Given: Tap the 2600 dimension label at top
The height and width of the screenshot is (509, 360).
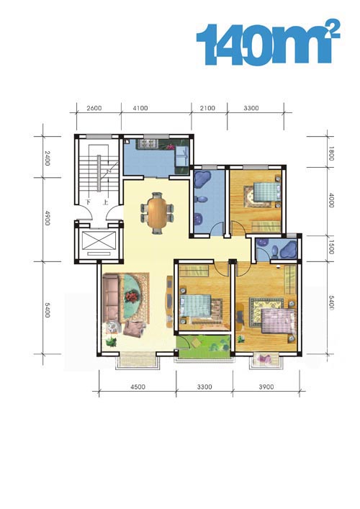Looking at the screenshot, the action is coord(94,108).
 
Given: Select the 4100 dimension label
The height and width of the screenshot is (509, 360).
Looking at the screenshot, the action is coord(140,108).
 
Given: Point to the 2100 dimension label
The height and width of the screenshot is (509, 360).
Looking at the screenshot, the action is coord(207,108).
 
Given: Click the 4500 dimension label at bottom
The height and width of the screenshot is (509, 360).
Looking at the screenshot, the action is coord(138,387).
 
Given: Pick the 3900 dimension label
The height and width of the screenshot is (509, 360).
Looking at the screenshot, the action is coord(266,387).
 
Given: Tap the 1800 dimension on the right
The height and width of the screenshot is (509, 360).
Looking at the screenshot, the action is coord(330,153).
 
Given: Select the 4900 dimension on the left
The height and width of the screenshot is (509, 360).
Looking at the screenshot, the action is coord(47,218).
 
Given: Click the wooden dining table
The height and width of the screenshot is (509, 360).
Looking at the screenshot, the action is coord(157,213).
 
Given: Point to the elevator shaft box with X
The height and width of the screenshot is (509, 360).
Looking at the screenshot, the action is coord(99,240).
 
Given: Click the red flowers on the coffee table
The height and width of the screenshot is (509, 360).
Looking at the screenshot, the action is coord(131,297).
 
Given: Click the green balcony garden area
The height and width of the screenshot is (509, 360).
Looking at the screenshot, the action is coord(204,347).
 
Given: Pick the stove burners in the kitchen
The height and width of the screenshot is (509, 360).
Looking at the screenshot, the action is coord(148,143).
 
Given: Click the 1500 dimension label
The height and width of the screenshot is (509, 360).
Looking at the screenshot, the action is coord(330,248).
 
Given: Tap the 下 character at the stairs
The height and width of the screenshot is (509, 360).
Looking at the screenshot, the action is coord(89,202).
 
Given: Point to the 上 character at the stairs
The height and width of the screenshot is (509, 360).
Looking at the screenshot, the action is coord(106,202).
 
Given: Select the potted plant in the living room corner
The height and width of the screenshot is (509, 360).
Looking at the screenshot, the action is coord(111,341).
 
